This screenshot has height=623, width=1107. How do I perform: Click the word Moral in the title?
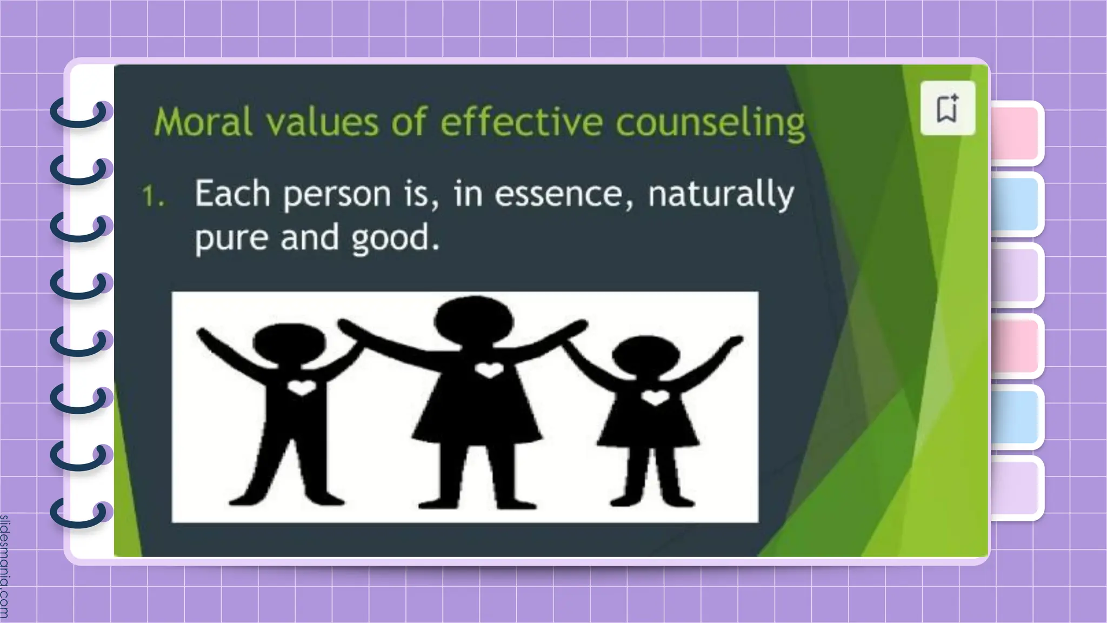tap(203, 122)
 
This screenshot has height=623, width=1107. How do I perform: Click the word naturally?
tap(721, 195)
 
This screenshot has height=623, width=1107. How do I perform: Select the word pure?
tap(231, 238)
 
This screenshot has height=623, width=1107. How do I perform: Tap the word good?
tap(395, 238)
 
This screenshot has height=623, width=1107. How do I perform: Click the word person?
tap(337, 195)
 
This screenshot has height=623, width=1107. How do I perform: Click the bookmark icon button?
tap(948, 108)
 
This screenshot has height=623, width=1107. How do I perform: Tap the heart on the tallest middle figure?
tap(489, 370)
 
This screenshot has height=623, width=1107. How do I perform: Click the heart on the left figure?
tap(301, 387)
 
